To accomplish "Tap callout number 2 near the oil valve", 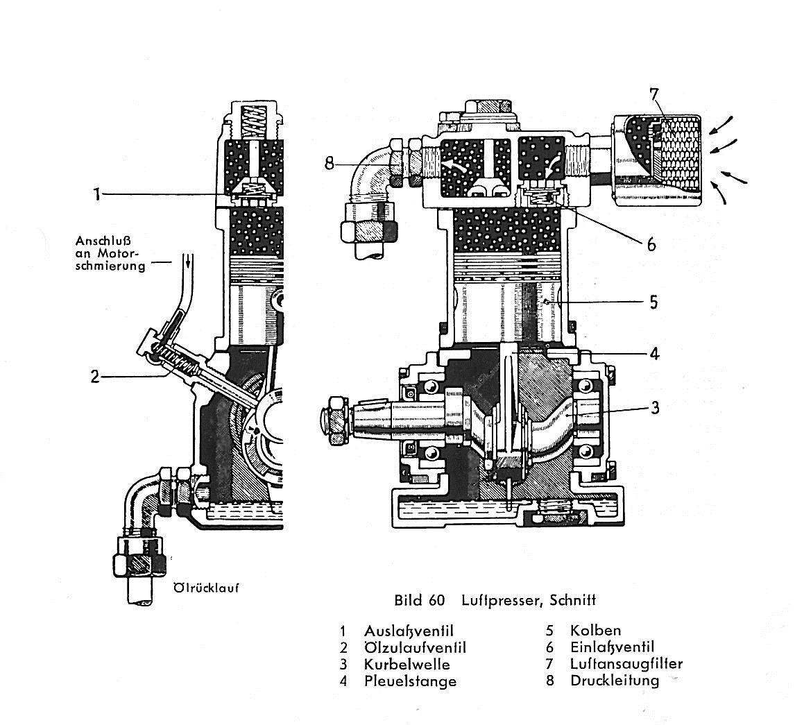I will [95, 377].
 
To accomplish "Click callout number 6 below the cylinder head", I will [651, 244].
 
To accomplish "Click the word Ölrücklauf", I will [205, 587].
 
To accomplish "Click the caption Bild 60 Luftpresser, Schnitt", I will [495, 600].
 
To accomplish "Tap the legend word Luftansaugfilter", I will [626, 664].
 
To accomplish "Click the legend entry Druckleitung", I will [614, 681].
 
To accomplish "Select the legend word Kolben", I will [595, 631].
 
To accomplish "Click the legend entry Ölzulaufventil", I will [415, 647].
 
